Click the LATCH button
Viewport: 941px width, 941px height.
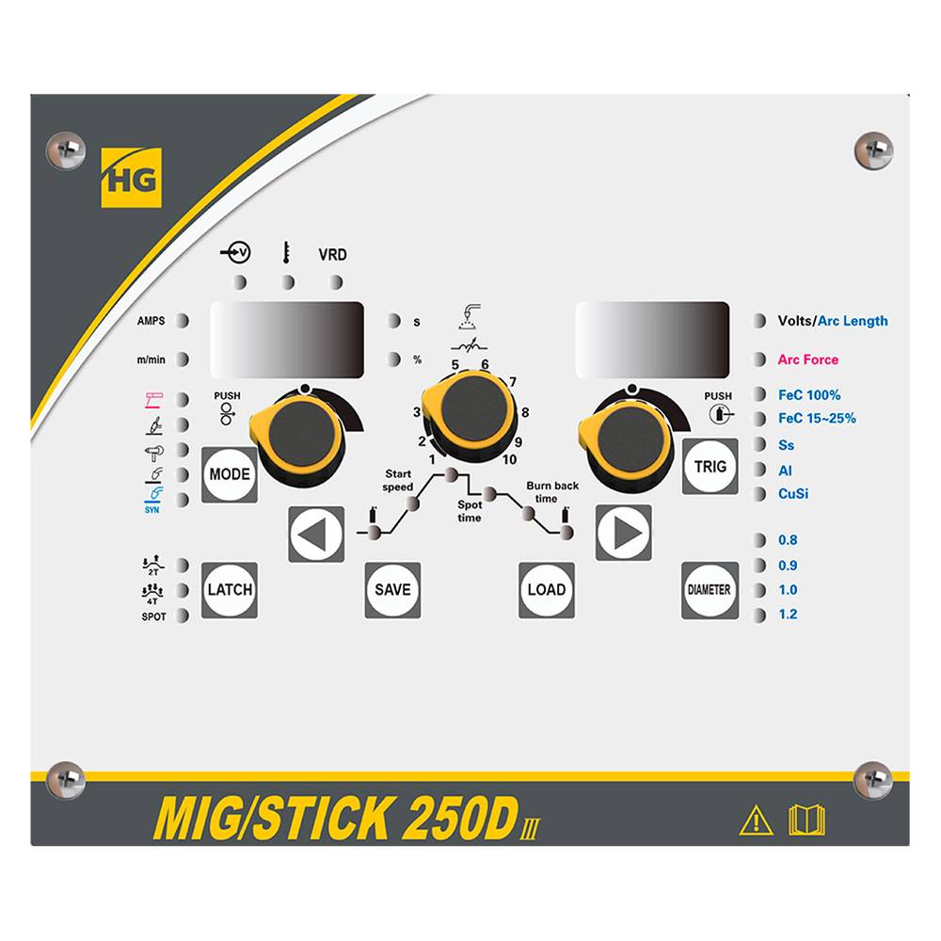229,590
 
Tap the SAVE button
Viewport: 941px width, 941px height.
392,590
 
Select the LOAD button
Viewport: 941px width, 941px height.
546,590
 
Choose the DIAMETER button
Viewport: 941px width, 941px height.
710,590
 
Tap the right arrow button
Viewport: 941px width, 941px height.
623,534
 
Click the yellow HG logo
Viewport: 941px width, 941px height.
131,176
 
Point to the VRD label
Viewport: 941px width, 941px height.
333,254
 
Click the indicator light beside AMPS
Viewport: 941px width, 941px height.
183,321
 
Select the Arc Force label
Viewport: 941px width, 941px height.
807,359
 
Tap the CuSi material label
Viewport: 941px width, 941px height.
794,493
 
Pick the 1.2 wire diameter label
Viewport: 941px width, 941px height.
788,614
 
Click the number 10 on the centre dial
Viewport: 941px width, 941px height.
509,459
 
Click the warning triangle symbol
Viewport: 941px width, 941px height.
756,821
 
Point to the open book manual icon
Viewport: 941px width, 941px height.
805,821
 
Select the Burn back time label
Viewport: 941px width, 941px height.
552,491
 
